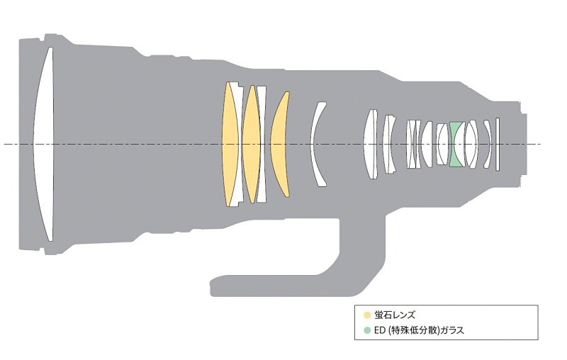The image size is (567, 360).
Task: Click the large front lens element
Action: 44,144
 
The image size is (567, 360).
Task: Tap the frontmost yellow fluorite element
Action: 229,144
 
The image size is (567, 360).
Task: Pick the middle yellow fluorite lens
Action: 252,144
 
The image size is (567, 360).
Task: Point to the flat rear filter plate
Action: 498,144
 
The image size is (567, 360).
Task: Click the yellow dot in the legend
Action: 367,315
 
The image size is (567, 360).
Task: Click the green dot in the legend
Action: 367,330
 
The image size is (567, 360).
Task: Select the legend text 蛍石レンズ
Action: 395,315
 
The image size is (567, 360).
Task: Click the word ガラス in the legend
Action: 454,330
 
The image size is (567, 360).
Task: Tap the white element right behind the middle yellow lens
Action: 262,144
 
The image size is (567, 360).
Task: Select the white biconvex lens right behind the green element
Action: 471,144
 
